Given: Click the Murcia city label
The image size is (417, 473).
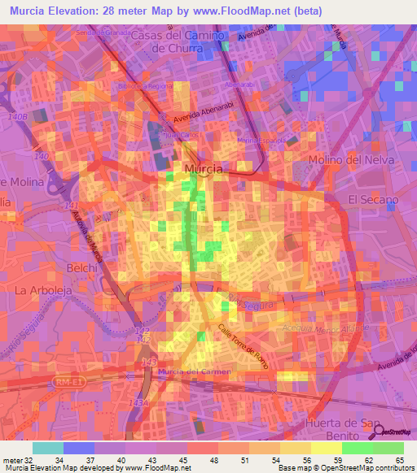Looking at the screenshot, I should click(x=204, y=168).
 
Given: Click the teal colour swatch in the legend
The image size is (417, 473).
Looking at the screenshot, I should click(x=48, y=447).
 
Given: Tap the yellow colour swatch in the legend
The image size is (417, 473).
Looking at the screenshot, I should click(x=326, y=447).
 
